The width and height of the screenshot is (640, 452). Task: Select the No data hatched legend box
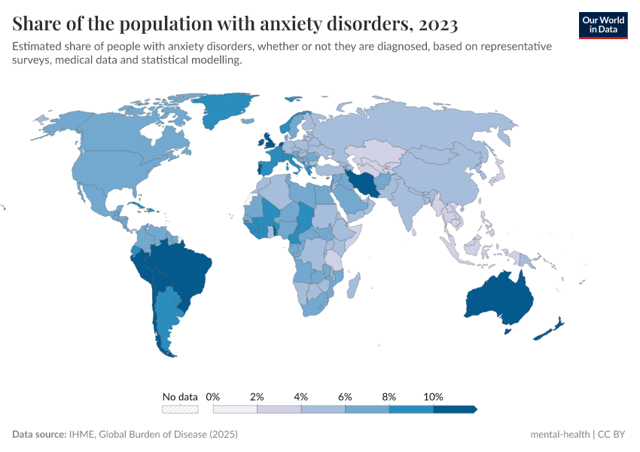[x=181, y=409]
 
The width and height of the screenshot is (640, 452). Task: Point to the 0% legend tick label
[x=213, y=396]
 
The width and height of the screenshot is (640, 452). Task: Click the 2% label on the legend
[x=257, y=396]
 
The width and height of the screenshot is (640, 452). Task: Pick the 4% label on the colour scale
[x=301, y=396]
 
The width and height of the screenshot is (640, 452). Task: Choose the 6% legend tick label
[x=345, y=396]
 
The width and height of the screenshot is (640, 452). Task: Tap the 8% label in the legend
[x=389, y=396]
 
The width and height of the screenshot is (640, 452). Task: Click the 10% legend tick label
[x=434, y=396]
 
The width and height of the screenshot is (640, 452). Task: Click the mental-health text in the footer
[x=560, y=435]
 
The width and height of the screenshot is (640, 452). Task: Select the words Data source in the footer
[x=39, y=435]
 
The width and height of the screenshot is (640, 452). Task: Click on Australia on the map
[x=498, y=298]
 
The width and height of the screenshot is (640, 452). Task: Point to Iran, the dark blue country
[x=364, y=184]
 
